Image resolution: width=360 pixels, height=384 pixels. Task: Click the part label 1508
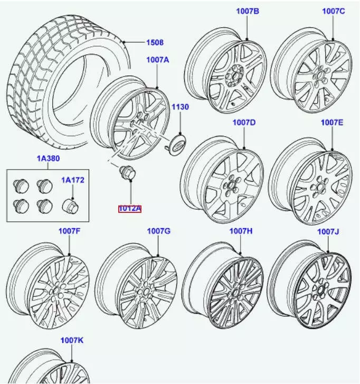click(x=154, y=43)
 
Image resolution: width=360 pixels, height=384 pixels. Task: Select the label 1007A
click(x=158, y=60)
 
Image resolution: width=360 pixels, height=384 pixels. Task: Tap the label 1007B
click(x=247, y=11)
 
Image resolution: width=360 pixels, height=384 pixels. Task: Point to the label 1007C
click(x=333, y=11)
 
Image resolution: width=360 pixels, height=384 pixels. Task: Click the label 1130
click(x=179, y=107)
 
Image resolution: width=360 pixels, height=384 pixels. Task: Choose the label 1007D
click(x=244, y=123)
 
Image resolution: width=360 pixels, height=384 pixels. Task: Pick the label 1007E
click(x=332, y=123)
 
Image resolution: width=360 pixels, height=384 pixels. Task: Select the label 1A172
click(x=72, y=180)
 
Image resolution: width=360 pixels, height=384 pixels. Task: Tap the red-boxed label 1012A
click(x=129, y=209)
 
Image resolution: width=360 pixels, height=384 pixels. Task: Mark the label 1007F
click(x=69, y=231)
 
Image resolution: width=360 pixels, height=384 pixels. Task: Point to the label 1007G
click(x=158, y=231)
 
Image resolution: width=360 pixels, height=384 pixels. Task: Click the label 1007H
click(x=241, y=231)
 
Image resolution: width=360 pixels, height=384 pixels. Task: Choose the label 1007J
click(x=328, y=231)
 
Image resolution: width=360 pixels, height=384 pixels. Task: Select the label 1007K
click(x=72, y=341)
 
